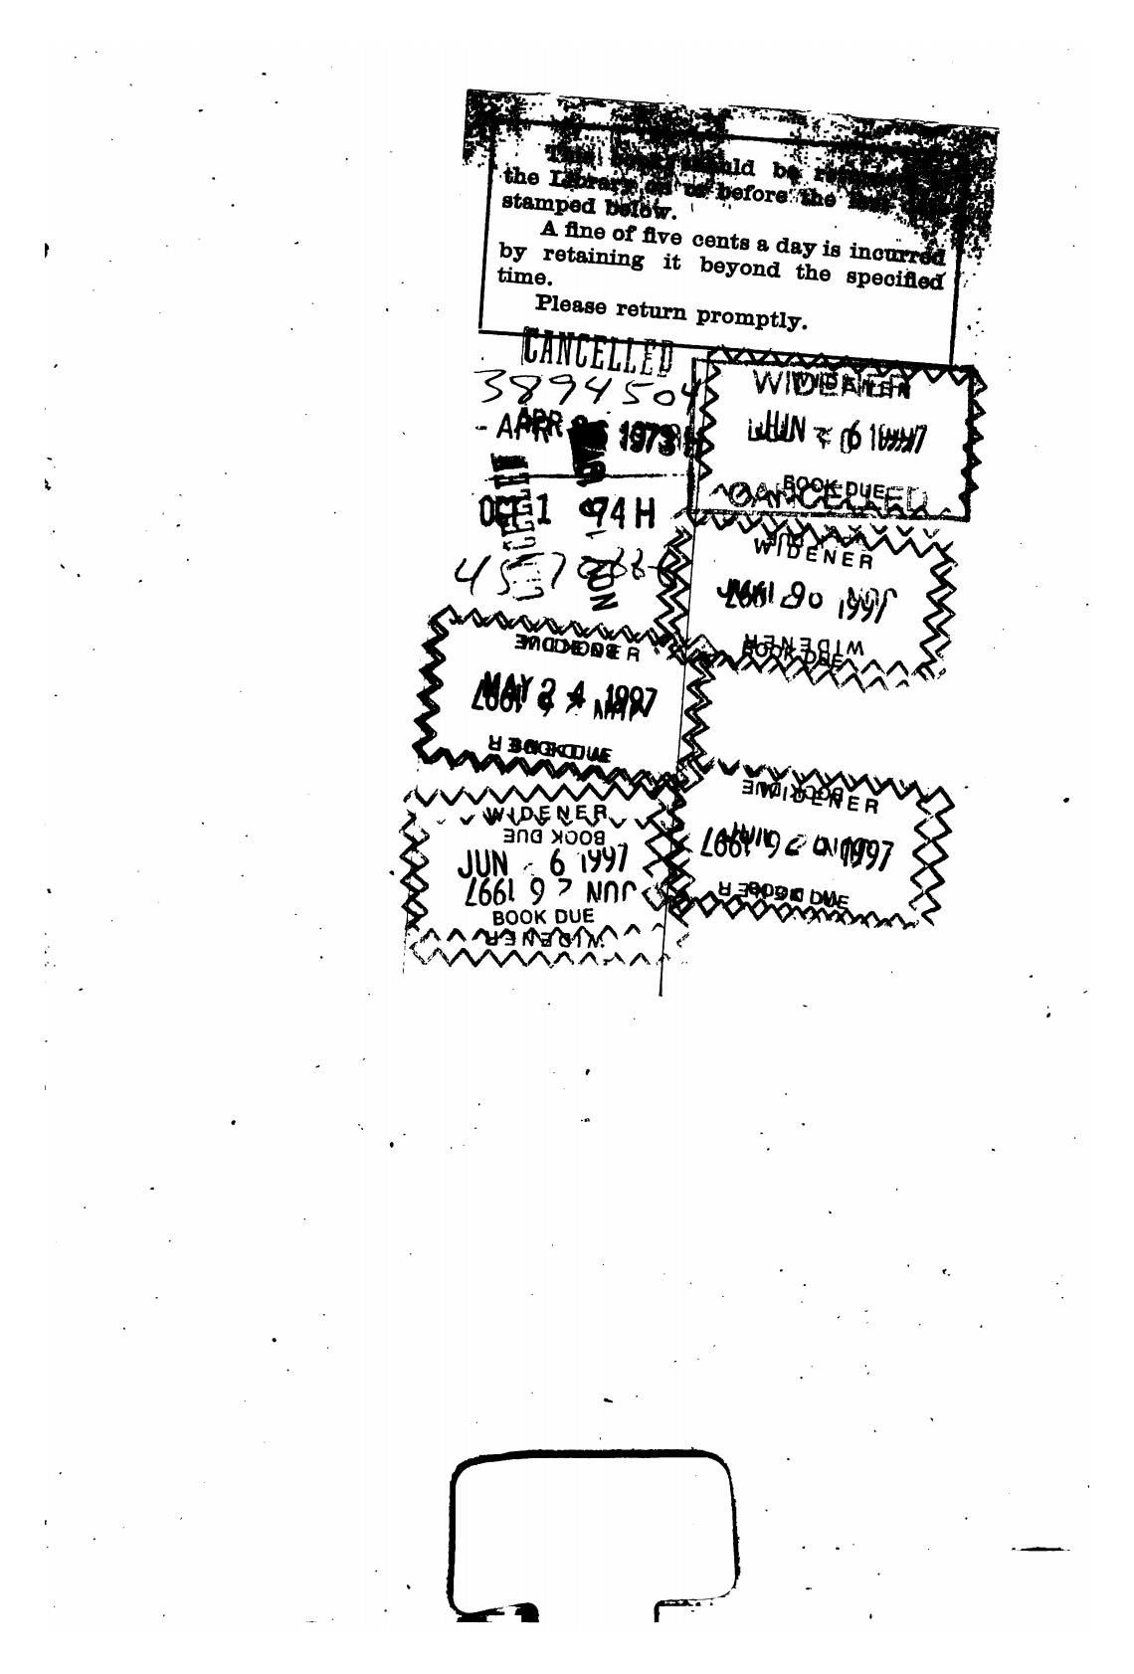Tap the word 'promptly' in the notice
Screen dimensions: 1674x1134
coord(751,318)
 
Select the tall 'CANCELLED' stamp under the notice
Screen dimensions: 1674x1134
coord(598,351)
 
